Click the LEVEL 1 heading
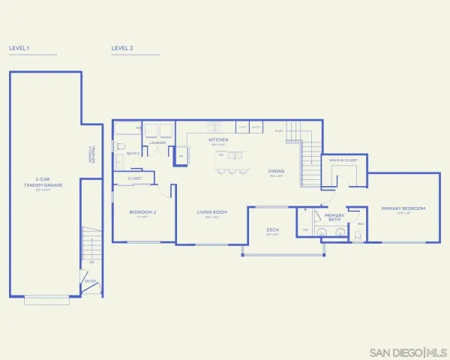click(x=19, y=48)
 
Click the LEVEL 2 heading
click(x=122, y=48)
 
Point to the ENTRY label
click(x=91, y=282)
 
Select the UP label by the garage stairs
click(x=91, y=262)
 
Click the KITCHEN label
click(x=218, y=140)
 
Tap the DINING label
click(x=276, y=171)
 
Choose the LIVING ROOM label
click(x=211, y=212)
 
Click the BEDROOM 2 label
click(x=142, y=212)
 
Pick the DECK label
click(x=273, y=230)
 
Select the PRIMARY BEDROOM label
click(x=403, y=208)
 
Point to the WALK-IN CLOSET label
click(x=341, y=160)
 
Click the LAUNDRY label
click(x=157, y=142)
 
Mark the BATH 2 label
click(x=133, y=153)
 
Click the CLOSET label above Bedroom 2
click(x=135, y=178)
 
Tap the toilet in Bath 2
click(x=119, y=146)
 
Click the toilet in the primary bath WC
click(x=357, y=235)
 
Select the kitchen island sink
click(x=235, y=156)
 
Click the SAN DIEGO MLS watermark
click(x=408, y=352)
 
